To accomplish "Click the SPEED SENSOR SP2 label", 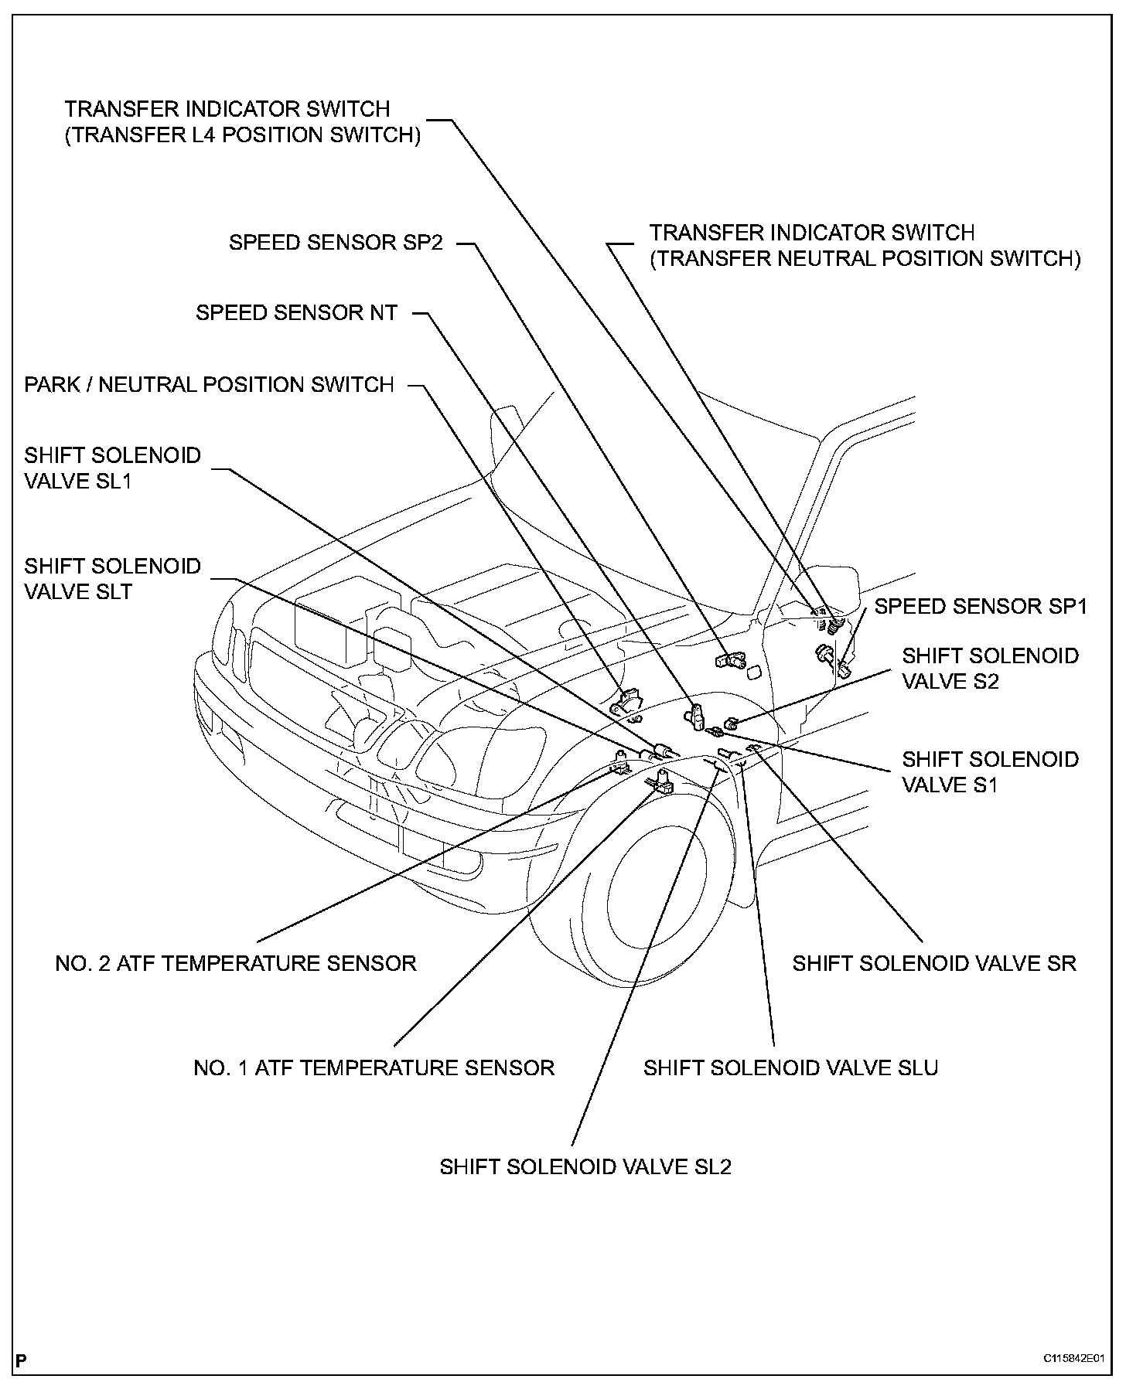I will pos(336,243).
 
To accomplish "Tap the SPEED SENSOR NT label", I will pos(296,313).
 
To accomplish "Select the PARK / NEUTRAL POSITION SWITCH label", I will pos(209,384).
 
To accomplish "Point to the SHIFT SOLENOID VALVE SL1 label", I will pos(112,468).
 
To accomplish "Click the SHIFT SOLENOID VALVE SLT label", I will pos(112,579).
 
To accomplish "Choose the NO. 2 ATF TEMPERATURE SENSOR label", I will pos(236,963).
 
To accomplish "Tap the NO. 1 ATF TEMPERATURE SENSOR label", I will pos(374,1067).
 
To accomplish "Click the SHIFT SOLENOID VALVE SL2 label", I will pos(585,1166).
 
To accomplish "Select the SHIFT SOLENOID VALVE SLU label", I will pos(790,1067).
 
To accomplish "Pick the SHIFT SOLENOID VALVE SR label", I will pos(934,963).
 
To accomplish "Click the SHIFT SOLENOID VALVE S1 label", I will pos(990,771).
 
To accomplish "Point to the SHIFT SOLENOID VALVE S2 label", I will pos(990,668).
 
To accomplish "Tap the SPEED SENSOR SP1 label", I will pos(981,607).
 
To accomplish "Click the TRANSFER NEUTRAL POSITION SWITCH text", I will pos(865,259).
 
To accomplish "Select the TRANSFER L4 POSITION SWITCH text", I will pos(243,135).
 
